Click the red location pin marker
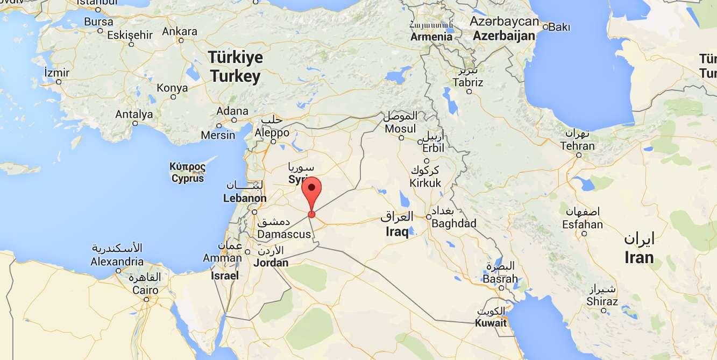point(312,191)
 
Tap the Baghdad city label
point(453,223)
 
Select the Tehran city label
point(577,146)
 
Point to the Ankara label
point(180,31)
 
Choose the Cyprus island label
point(188,179)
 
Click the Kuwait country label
point(491,323)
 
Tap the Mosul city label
point(400,129)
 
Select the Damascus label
point(284,234)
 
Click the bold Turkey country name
point(235,76)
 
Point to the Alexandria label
point(117,262)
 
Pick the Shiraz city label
point(602,301)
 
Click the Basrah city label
point(500,279)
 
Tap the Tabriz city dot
point(469,91)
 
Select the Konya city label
point(172,88)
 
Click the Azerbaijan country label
point(504,36)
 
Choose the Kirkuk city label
point(425,183)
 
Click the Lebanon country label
point(245,198)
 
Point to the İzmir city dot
point(59,82)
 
